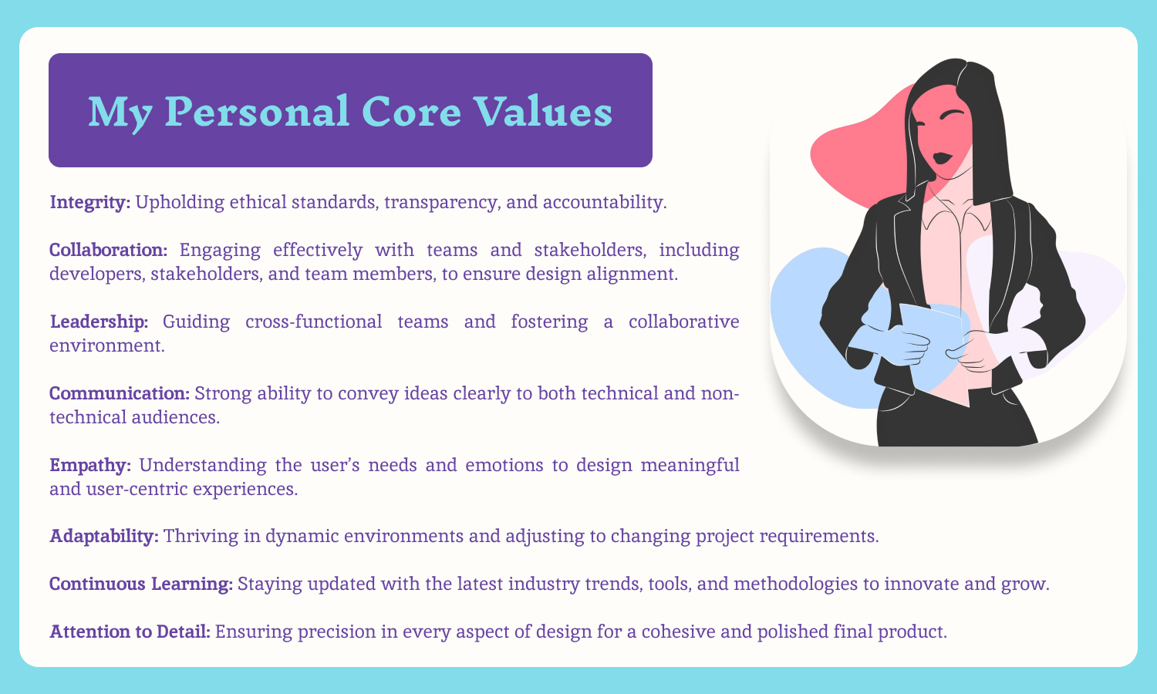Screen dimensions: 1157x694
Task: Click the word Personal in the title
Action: [257, 112]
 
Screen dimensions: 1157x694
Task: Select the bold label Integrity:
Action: [90, 202]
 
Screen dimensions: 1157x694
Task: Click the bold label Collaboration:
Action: [109, 250]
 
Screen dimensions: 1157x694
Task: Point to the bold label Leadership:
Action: [100, 322]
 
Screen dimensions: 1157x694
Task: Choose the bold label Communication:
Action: [120, 393]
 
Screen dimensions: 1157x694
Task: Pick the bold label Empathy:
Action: [90, 466]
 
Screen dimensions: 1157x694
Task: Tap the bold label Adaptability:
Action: [104, 537]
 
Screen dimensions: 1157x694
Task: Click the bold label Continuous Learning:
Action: [141, 584]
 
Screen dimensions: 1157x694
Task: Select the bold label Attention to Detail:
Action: [130, 632]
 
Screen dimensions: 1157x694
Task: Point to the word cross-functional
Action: [313, 322]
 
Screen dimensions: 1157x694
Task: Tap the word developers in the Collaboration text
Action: [96, 275]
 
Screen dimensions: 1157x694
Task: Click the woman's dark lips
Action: [943, 158]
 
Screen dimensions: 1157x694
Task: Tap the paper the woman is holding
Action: [935, 351]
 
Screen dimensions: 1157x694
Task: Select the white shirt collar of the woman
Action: [956, 212]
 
